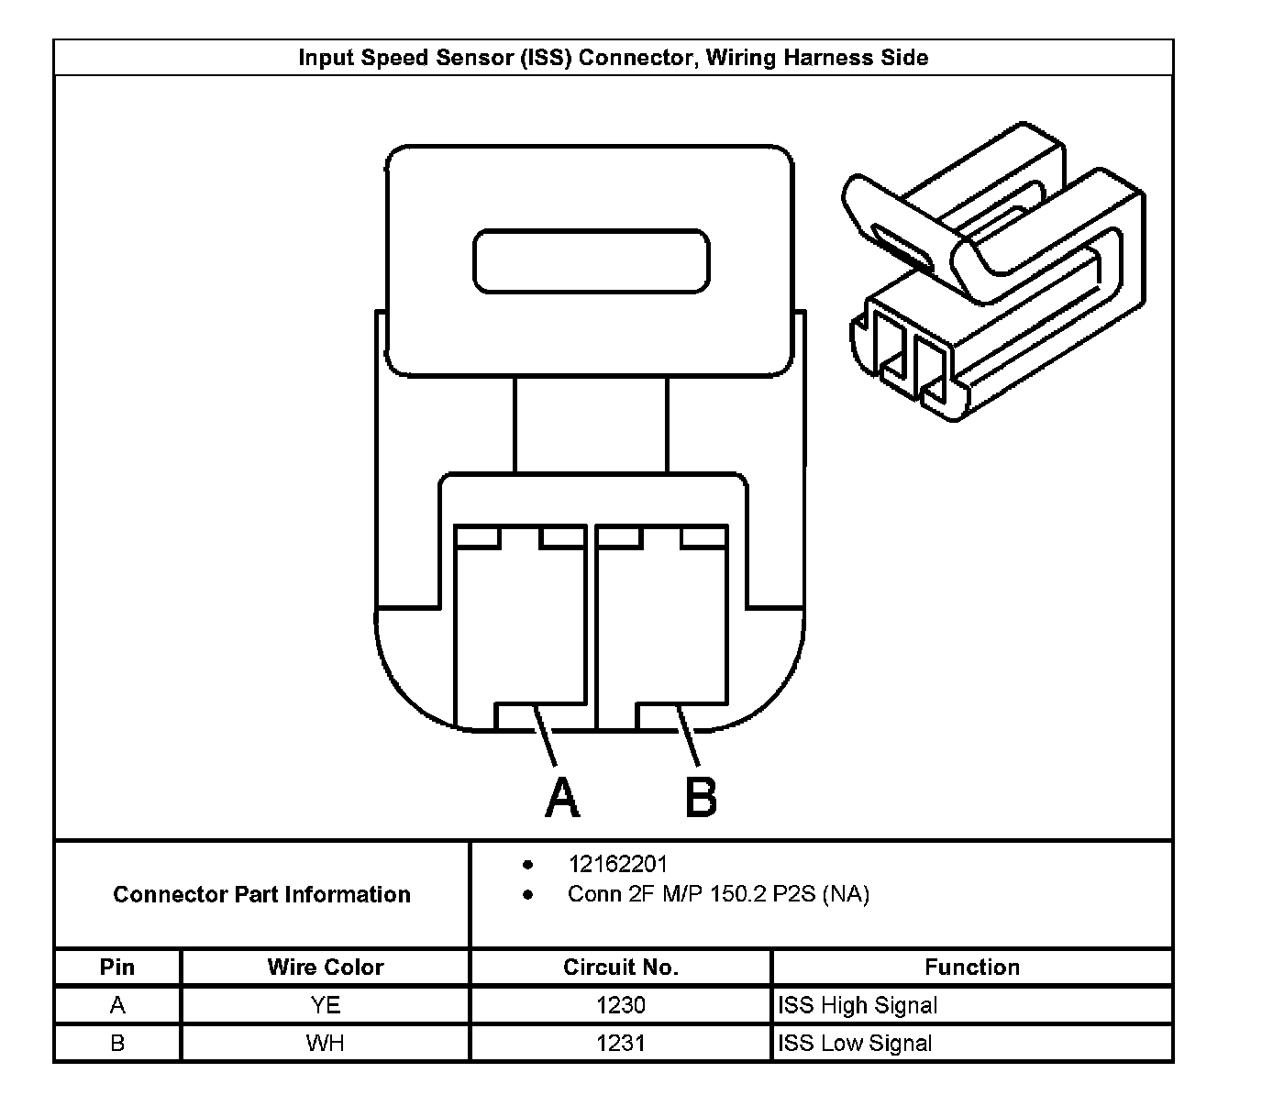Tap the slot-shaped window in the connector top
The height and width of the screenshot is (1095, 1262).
592,261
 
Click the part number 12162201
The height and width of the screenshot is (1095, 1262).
618,864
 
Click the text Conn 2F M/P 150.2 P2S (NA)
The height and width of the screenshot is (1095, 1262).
718,894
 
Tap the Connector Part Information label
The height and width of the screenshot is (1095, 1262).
261,894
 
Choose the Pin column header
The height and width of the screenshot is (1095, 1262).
117,967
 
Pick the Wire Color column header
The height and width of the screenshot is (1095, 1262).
326,967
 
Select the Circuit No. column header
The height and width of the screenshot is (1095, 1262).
621,967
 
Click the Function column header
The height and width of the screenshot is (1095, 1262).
972,967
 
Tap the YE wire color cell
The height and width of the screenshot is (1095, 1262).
326,1005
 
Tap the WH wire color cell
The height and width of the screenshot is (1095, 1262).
326,1043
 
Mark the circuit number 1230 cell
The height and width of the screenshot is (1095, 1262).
621,1005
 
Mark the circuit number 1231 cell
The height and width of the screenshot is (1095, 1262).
621,1043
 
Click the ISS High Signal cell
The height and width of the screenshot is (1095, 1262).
858,1005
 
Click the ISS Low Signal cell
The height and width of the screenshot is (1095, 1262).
855,1043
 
